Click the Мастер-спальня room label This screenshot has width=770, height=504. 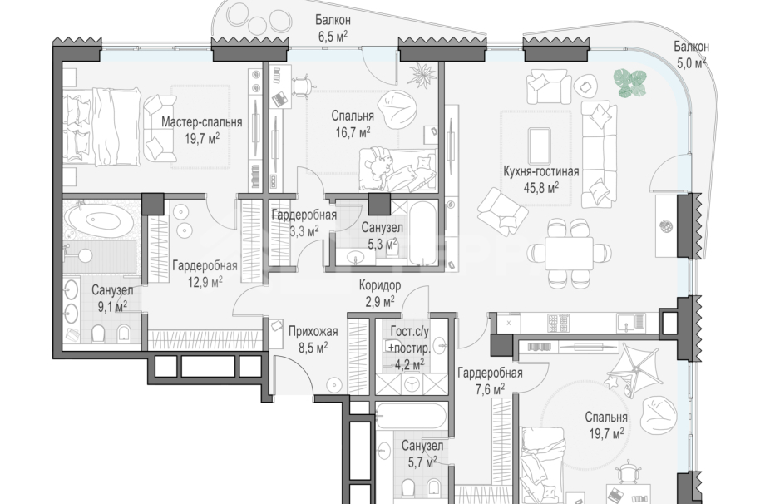(x=202, y=121)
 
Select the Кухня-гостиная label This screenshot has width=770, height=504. (x=541, y=171)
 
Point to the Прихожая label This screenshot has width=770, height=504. (x=313, y=332)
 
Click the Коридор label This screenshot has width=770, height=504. (x=380, y=285)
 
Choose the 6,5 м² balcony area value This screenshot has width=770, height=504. (x=333, y=36)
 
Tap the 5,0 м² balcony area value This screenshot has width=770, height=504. (x=692, y=63)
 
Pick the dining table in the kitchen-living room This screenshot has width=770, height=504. (x=569, y=253)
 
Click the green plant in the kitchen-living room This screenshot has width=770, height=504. (x=630, y=82)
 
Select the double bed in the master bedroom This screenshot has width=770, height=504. (x=103, y=126)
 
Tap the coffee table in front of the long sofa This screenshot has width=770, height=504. (x=539, y=146)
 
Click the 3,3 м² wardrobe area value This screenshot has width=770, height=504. (x=304, y=231)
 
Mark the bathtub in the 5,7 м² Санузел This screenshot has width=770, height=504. (x=411, y=416)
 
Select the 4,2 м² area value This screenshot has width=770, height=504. (x=410, y=364)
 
